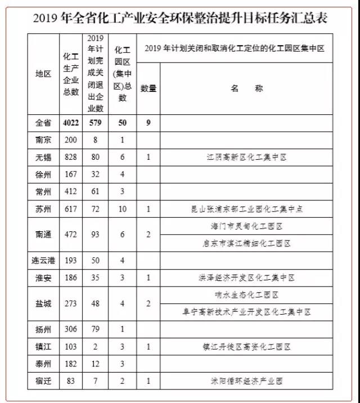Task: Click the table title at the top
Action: (x=180, y=19)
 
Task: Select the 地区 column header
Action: (x=43, y=74)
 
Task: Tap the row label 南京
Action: (x=43, y=140)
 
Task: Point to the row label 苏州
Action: (x=43, y=209)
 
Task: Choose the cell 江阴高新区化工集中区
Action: (x=247, y=157)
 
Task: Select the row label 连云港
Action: (x=43, y=261)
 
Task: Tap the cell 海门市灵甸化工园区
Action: (x=247, y=226)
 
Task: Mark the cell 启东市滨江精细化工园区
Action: (x=247, y=243)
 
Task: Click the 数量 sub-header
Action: (x=148, y=88)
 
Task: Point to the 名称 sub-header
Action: (x=247, y=88)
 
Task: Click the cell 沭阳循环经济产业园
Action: (x=247, y=381)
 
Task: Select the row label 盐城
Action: (x=43, y=303)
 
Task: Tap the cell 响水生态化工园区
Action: (x=247, y=295)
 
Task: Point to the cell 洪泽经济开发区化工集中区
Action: (x=247, y=278)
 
